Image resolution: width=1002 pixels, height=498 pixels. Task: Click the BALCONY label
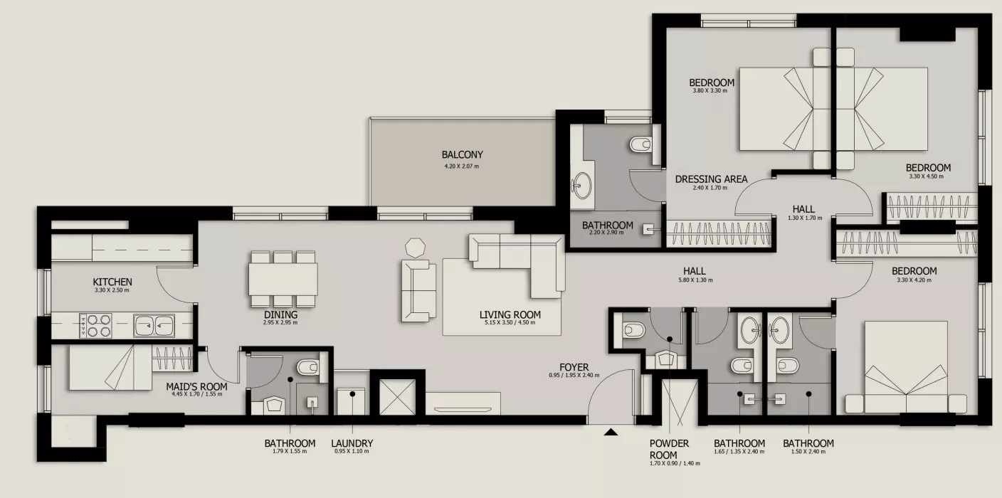pos(462,154)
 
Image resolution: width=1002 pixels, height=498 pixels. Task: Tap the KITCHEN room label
pos(112,282)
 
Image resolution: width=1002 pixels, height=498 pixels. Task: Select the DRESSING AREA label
pos(711,179)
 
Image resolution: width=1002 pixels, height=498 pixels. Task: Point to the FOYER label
pos(574,368)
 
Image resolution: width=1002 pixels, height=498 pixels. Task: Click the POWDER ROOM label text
pos(669,450)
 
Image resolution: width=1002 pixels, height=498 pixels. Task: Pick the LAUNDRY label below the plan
pos(352,443)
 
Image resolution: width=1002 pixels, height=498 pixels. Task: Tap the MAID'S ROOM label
pos(196,387)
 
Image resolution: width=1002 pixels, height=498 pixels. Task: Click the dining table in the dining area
pos(283,279)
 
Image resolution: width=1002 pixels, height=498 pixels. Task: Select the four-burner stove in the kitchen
pos(96,325)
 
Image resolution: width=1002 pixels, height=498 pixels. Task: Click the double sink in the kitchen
pos(154,325)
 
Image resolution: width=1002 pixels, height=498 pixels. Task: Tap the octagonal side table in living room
pos(415,248)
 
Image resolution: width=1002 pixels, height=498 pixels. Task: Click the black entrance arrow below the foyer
pos(611,432)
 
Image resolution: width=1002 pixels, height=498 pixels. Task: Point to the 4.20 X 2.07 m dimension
pos(462,166)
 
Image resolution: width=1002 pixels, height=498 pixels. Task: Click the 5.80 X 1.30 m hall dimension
pos(695,280)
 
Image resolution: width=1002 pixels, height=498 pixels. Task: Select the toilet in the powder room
pos(634,330)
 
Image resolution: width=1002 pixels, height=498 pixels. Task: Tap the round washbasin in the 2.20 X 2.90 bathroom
pos(582,186)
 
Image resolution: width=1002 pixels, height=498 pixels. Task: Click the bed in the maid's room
pos(110,368)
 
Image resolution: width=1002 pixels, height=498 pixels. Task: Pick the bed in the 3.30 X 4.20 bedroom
pos(906,367)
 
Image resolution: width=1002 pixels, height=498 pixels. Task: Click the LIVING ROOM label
pos(510,314)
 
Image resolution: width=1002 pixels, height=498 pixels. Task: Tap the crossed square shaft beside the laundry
pos(397,397)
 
